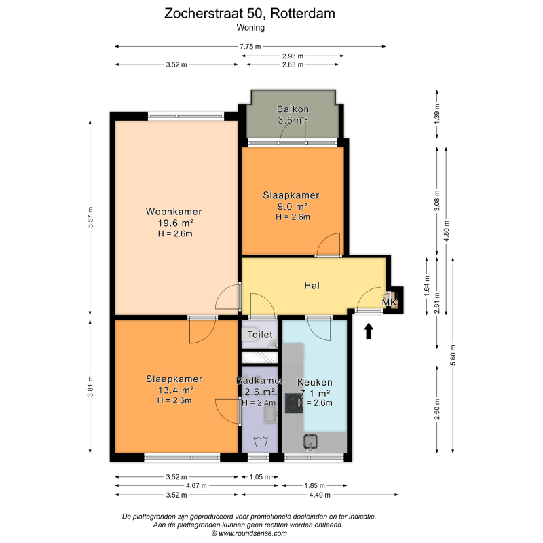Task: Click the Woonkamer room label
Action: tap(174, 212)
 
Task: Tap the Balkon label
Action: tap(293, 109)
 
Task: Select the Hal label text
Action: tap(312, 286)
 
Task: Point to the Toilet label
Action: tap(260, 335)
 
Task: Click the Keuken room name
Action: tap(315, 382)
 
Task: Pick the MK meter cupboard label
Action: tap(389, 302)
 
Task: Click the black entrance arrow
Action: tap(369, 331)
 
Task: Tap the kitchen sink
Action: tap(311, 442)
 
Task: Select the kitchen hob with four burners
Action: tap(294, 403)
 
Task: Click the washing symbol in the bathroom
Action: tap(261, 443)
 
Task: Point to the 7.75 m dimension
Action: tap(250, 46)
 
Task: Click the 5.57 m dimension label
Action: tap(90, 217)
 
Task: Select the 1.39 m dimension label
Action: tap(437, 114)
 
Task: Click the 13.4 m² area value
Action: tap(176, 390)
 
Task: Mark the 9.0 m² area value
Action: tap(293, 207)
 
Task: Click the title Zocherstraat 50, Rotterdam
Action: tap(250, 14)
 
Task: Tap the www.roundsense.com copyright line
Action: tap(249, 533)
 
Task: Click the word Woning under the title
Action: tap(250, 28)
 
